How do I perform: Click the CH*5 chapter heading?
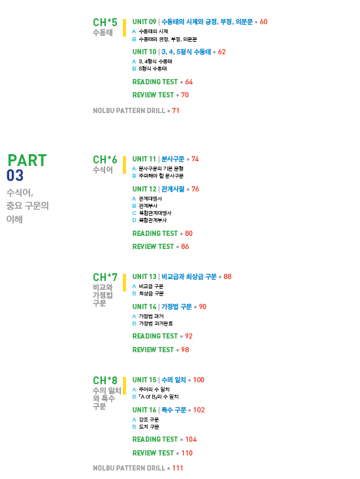tap(105, 22)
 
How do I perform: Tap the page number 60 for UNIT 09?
tap(263, 22)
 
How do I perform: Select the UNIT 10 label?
tap(144, 52)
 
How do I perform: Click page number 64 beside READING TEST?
tap(189, 82)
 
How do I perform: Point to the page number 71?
tap(176, 110)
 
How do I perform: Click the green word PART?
tap(27, 160)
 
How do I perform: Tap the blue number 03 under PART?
tap(15, 175)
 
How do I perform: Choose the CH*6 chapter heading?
tap(105, 159)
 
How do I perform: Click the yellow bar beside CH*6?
tap(124, 165)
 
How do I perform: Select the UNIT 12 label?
tap(144, 189)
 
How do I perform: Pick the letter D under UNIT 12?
tap(134, 220)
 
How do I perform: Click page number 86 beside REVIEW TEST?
tap(185, 246)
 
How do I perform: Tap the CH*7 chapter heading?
tap(105, 277)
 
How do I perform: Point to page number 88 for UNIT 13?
tap(227, 277)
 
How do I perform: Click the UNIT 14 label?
tap(144, 306)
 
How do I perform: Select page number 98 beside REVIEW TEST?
tap(185, 350)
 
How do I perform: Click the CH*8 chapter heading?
tap(105, 380)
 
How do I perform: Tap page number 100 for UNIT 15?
tap(199, 380)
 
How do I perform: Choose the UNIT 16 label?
tap(144, 410)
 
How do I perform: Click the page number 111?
tap(178, 468)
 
